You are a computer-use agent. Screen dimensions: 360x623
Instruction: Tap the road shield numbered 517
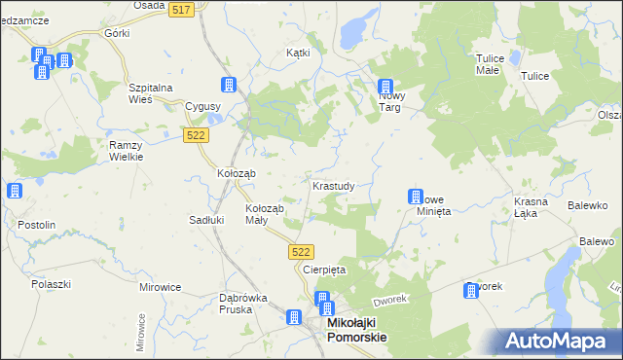(179, 9)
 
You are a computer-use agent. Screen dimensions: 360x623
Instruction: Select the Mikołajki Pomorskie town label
(354, 329)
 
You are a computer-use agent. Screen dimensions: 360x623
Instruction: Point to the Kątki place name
(298, 53)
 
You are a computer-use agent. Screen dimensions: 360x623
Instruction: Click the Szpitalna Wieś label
(151, 92)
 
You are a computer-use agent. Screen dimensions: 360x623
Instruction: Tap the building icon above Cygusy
(229, 85)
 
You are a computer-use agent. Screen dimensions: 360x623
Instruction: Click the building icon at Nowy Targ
(385, 87)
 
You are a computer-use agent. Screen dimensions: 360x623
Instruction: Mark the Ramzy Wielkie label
(127, 150)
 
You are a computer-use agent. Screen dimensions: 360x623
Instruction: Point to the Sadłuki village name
(206, 220)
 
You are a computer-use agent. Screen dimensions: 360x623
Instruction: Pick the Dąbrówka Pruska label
(223, 303)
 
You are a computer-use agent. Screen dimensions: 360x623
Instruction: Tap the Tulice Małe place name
(488, 64)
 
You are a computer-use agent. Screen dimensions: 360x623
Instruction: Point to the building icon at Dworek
(472, 290)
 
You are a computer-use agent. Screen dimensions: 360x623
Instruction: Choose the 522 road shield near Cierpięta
(301, 251)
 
